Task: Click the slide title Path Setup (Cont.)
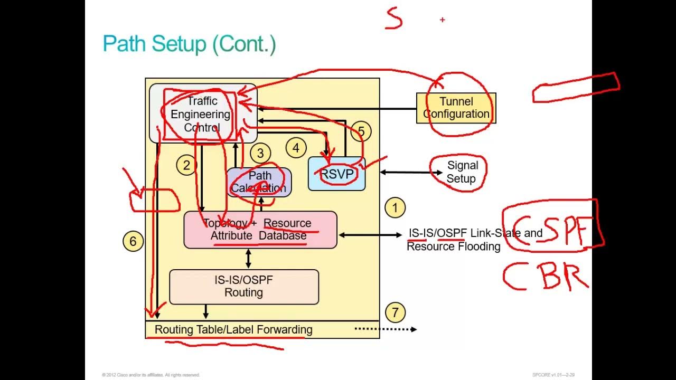(x=189, y=44)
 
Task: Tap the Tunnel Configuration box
(x=456, y=108)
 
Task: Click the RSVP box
(x=337, y=174)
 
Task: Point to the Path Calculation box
(x=259, y=182)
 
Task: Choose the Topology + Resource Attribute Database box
(x=260, y=230)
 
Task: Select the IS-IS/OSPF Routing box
(x=243, y=287)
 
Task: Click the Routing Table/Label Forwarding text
(x=233, y=330)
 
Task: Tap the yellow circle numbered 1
(x=395, y=208)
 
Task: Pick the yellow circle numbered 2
(x=186, y=165)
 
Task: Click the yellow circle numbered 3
(x=260, y=154)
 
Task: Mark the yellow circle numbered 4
(x=296, y=148)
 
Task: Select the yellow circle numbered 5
(x=361, y=131)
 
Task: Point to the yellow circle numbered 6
(x=133, y=241)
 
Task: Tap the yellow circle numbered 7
(x=395, y=312)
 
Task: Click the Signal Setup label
(x=462, y=173)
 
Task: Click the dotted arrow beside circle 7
(x=386, y=329)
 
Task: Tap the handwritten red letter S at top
(x=394, y=19)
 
